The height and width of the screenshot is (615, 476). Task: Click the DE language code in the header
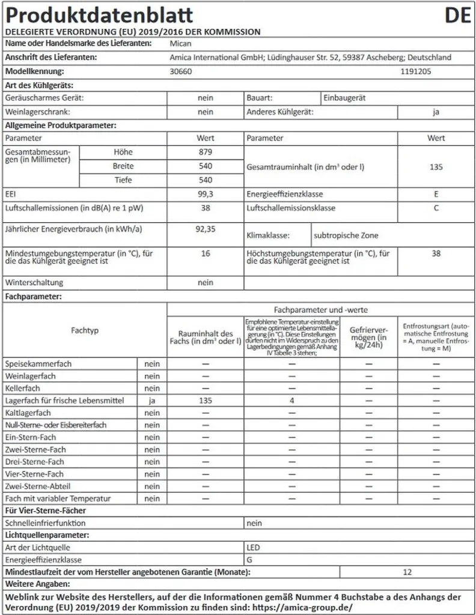tap(457, 15)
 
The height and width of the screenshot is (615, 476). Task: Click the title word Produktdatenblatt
tap(99, 15)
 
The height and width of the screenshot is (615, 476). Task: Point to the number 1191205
tap(416, 71)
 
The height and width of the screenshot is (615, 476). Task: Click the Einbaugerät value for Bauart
tap(344, 97)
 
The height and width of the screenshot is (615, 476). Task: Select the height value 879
tap(206, 153)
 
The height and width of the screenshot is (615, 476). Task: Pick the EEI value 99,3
tap(206, 195)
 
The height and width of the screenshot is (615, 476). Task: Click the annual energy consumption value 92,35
tap(206, 229)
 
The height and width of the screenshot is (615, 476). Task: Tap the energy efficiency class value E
tap(436, 195)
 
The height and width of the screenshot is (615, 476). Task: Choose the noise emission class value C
tap(436, 208)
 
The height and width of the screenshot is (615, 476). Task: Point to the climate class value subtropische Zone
tap(346, 235)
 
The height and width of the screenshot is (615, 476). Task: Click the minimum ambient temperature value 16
tap(206, 254)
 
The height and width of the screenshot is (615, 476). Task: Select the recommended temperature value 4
tap(291, 401)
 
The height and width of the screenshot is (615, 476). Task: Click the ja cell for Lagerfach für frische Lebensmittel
tap(152, 401)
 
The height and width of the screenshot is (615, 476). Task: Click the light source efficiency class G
tap(249, 560)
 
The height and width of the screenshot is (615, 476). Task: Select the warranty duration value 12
tap(407, 572)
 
